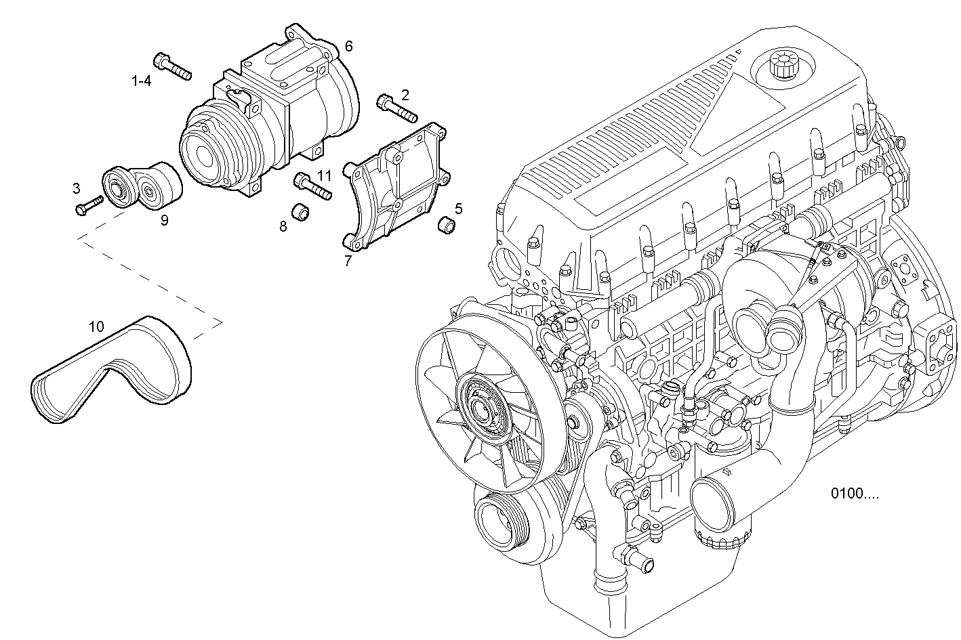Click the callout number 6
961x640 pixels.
pyautogui.click(x=348, y=46)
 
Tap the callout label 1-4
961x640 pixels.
pyautogui.click(x=141, y=81)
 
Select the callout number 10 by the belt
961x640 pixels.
pyautogui.click(x=96, y=326)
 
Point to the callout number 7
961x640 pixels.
pyautogui.click(x=348, y=261)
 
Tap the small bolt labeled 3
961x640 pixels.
pyautogui.click(x=89, y=205)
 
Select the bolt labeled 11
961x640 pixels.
pyautogui.click(x=312, y=186)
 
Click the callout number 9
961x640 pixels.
pyautogui.click(x=164, y=220)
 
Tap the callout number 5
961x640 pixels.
pyautogui.click(x=459, y=208)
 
